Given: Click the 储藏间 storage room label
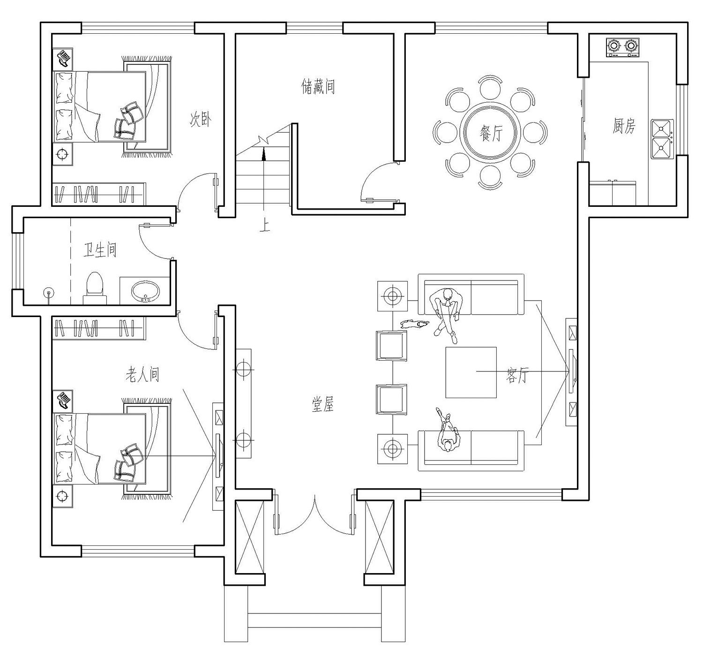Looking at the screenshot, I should point(318,87).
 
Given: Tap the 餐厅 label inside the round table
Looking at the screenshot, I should point(490,135).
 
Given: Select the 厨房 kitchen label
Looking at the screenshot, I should point(624,126).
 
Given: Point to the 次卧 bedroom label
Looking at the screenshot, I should point(201,120).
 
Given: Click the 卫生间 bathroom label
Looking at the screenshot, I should point(100,250).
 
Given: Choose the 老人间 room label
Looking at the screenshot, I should point(142,375).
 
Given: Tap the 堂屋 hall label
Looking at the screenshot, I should point(323,404).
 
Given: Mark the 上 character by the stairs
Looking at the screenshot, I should point(265,227).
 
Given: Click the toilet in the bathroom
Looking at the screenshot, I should point(95,287).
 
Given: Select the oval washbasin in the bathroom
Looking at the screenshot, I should point(145,291).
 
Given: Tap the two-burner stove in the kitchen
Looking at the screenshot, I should point(622,47).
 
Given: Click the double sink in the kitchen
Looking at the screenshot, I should point(661,139).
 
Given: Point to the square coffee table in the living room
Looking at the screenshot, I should point(471,372).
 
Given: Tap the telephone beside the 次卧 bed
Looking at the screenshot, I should point(63,58).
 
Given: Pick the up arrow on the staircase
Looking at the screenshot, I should point(264,152).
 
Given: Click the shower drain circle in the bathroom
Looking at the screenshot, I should point(47,294).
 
